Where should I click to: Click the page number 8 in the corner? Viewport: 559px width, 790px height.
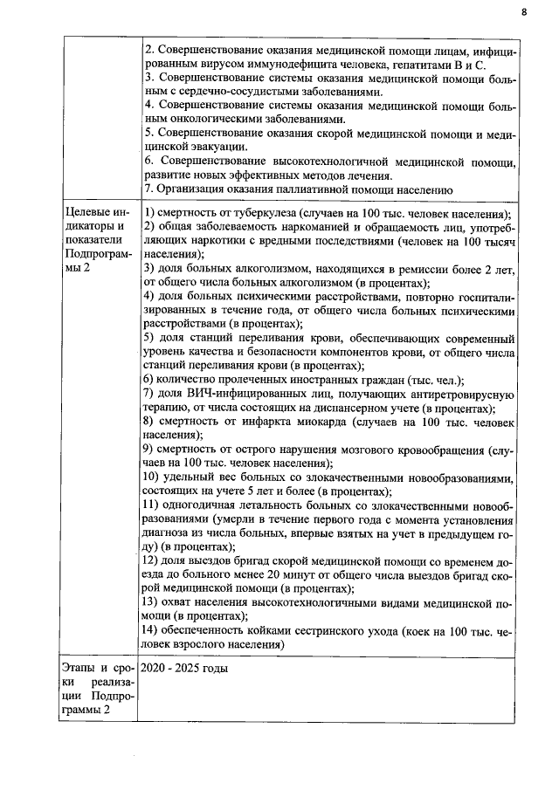[523, 13]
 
